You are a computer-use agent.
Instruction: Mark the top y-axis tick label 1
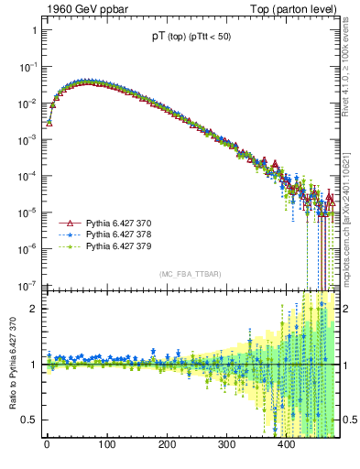pyautogui.click(x=33, y=30)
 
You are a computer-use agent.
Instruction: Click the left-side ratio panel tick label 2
pyautogui.click(x=33, y=309)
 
